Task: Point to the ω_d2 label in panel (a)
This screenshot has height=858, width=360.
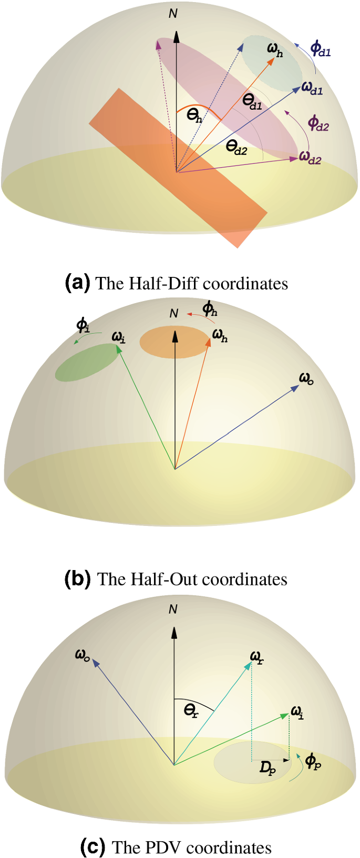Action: tap(310, 157)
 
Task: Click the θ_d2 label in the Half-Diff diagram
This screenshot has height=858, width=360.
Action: tap(236, 147)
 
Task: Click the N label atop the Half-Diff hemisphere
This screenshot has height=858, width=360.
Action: tap(173, 13)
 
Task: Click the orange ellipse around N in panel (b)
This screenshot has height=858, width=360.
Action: tap(174, 342)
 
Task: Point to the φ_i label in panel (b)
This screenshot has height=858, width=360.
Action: tap(83, 326)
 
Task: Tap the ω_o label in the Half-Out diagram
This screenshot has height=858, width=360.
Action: tap(306, 378)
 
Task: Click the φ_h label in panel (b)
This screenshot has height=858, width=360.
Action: tap(210, 308)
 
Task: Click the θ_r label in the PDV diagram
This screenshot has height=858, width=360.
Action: tap(191, 711)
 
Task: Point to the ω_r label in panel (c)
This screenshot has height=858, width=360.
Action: tap(256, 657)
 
